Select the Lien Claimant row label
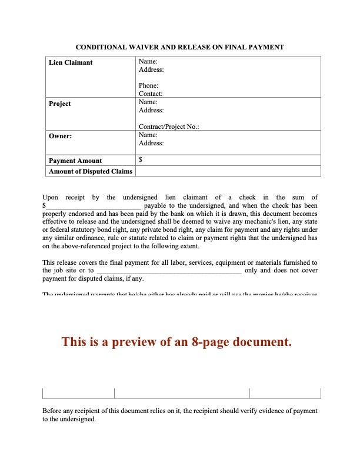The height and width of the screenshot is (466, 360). (x=71, y=62)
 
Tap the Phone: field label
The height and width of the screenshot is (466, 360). (x=148, y=86)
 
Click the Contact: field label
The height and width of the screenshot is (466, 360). (x=151, y=94)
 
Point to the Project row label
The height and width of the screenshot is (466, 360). (x=59, y=104)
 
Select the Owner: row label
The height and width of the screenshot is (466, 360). (x=61, y=135)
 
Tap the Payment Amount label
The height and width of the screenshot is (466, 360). (x=75, y=161)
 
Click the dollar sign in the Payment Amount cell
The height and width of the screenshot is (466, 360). (x=141, y=159)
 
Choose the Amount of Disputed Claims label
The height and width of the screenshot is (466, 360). (x=91, y=171)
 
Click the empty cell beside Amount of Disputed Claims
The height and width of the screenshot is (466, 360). (x=228, y=171)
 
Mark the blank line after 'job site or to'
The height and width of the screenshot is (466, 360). (x=168, y=271)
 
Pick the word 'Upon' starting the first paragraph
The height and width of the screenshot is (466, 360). (x=51, y=198)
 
